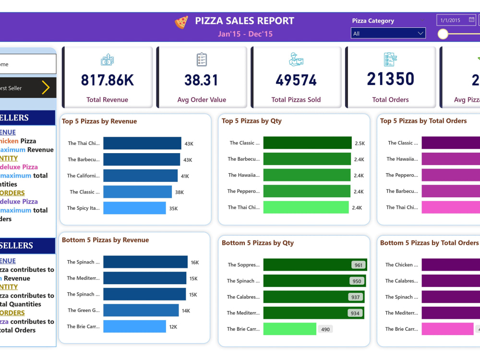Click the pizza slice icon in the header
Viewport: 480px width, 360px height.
tap(181, 22)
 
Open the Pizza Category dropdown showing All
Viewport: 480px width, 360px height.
tap(388, 34)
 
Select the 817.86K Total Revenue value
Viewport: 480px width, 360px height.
tap(108, 80)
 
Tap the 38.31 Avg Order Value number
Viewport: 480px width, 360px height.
tap(202, 80)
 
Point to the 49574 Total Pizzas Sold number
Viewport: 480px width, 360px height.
tap(296, 80)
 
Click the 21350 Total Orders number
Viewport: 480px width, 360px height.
tap(390, 79)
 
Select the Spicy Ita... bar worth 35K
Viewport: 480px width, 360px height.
tap(134, 208)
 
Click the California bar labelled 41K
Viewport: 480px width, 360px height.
tap(140, 176)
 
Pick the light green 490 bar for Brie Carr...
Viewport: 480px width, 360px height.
tap(290, 329)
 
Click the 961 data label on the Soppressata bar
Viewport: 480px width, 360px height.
tap(358, 265)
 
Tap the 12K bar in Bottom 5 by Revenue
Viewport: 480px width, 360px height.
tap(134, 326)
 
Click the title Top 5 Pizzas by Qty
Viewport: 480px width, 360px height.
tap(252, 121)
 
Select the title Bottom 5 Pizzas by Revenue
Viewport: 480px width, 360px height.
tap(105, 240)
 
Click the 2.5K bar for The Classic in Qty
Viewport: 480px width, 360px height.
tap(308, 143)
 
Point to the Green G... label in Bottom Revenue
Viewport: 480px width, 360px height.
tap(84, 311)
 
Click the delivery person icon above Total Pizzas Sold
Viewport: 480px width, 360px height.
tap(296, 60)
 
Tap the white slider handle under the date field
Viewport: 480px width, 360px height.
tap(443, 34)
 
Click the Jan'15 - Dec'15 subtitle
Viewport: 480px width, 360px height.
tap(245, 34)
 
